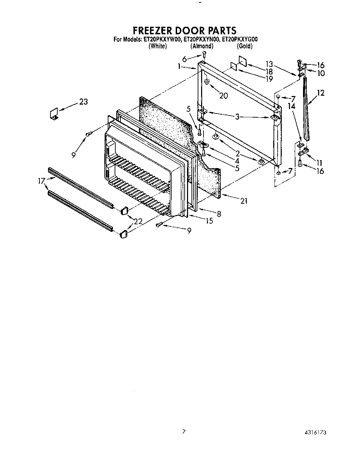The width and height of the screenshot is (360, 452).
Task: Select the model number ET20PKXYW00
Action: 161,39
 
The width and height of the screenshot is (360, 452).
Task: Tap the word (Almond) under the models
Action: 202,46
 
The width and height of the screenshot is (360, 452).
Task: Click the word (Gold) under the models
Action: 244,46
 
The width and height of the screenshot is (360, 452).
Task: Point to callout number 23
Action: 83,102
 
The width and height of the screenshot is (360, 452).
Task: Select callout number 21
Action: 244,201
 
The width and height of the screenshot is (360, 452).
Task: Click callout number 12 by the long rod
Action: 320,93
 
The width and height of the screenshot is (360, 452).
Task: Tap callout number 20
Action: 223,96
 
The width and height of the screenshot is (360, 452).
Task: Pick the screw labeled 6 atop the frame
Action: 204,54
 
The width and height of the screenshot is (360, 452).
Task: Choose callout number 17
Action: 42,181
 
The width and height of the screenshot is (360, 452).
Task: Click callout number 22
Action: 138,222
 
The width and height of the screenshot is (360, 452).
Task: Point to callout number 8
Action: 219,214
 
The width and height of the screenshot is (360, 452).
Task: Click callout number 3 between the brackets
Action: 237,117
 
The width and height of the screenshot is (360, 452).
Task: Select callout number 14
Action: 291,106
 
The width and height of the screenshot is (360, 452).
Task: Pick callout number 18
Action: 269,72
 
